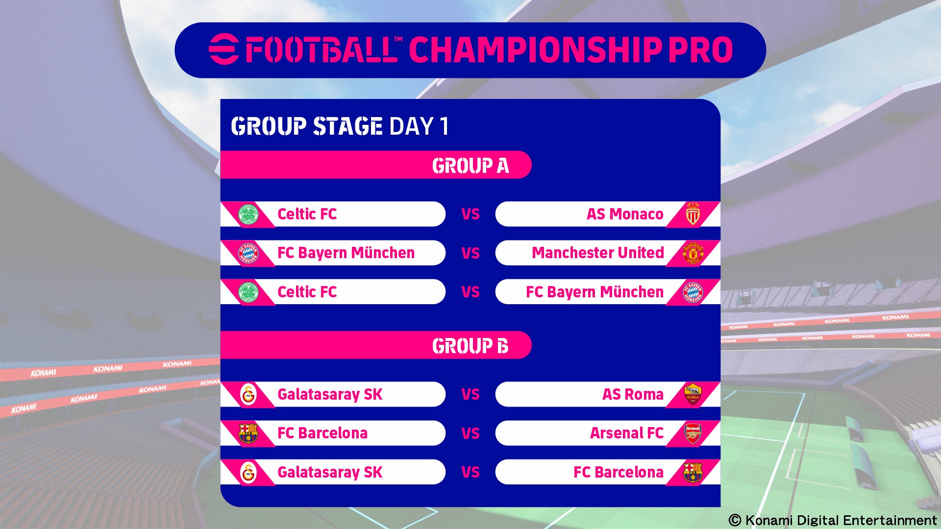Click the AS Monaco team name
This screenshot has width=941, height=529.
[x=625, y=214]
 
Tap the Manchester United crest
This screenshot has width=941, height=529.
[x=693, y=253]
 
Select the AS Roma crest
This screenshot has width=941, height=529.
[x=693, y=394]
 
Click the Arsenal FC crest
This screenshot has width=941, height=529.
[x=693, y=433]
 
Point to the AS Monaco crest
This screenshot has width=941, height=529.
[x=693, y=214]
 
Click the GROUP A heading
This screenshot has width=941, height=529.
[x=470, y=166]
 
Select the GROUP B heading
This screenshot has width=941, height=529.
[x=470, y=346]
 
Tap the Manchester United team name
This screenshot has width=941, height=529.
[x=598, y=253]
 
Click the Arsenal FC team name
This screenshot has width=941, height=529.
[x=627, y=433]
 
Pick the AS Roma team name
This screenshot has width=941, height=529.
[x=633, y=394]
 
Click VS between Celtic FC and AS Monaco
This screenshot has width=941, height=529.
[x=470, y=214]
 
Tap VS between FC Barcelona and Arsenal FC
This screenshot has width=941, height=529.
[x=470, y=433]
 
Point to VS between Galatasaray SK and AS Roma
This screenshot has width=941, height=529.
[x=470, y=394]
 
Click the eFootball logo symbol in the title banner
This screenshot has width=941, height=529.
[x=224, y=49]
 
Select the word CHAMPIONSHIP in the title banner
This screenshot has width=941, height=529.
[x=535, y=49]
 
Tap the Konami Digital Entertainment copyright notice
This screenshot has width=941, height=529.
[x=833, y=520]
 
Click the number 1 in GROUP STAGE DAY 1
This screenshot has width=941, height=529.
[x=444, y=126]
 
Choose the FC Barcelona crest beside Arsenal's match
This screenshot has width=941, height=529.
[x=248, y=433]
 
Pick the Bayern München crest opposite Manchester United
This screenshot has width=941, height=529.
[x=248, y=253]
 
